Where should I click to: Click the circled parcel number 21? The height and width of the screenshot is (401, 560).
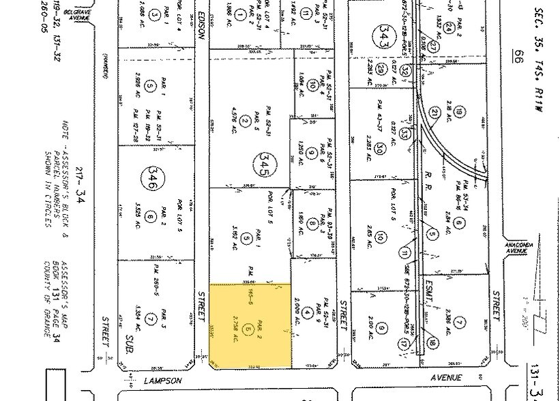[434, 113]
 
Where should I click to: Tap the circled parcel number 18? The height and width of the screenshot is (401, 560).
[432, 342]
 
